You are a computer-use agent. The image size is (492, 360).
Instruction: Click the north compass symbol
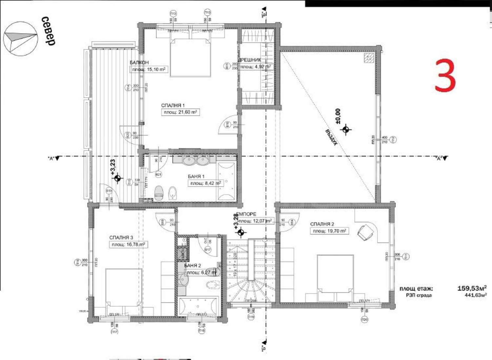20,38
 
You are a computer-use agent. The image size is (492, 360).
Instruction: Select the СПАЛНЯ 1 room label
173,105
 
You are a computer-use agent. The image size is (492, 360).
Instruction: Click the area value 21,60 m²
180,112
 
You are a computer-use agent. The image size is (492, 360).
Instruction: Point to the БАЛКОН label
139,62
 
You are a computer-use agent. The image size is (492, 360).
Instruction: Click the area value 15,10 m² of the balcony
149,69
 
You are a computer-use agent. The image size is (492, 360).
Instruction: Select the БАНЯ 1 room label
196,176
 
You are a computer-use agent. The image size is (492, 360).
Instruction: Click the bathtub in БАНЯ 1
226,181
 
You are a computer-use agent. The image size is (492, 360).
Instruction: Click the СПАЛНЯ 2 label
322,224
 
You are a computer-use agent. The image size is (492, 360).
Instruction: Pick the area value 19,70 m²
329,231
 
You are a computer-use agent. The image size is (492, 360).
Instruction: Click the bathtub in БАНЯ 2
198,306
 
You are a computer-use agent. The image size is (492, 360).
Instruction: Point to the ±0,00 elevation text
338,116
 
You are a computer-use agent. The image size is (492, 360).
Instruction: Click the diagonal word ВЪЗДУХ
331,137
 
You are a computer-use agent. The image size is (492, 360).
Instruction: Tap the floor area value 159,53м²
472,288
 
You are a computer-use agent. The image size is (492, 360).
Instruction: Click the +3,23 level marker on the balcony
113,167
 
